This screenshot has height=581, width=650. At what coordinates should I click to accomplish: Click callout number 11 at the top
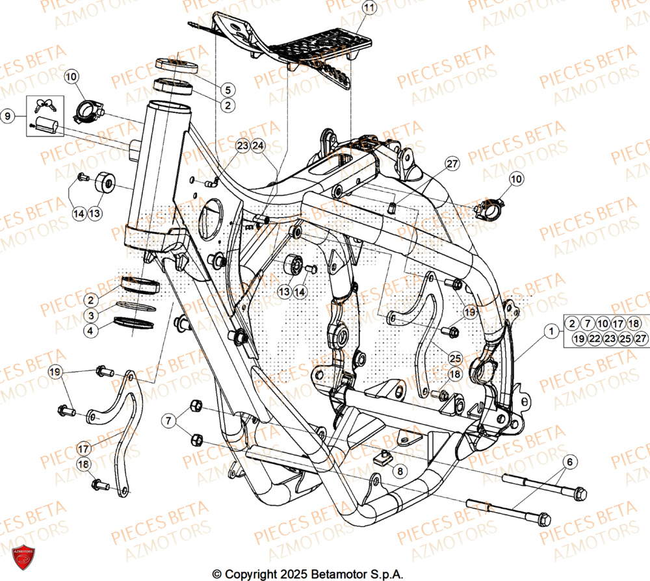[x=369, y=8]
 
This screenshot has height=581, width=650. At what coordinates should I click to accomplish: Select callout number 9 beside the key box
[x=8, y=117]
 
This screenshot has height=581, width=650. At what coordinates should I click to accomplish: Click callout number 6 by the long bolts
[x=569, y=462]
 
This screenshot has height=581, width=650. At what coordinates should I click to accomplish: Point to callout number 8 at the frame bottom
[x=400, y=470]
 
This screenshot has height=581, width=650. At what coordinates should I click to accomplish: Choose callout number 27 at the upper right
[x=452, y=164]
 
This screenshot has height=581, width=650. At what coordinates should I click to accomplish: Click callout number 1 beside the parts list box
[x=551, y=331]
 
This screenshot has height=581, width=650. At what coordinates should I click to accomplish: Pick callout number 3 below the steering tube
[x=92, y=315]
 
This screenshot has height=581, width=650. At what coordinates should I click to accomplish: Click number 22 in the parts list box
[x=593, y=338]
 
